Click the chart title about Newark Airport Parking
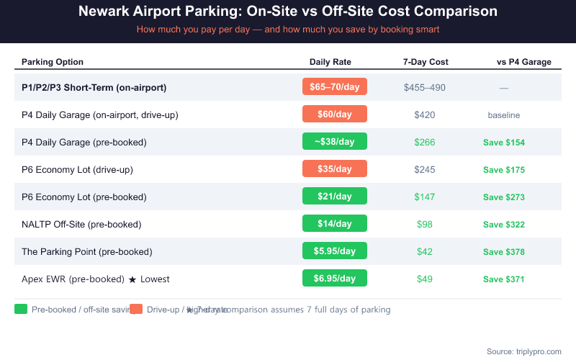click(x=287, y=12)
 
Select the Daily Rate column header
click(x=330, y=62)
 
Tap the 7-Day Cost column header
click(x=426, y=62)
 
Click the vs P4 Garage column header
click(x=524, y=62)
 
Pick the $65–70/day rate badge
click(x=335, y=87)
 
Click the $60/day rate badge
click(x=335, y=114)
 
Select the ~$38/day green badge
click(x=335, y=142)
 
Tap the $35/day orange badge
click(x=335, y=169)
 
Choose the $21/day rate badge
click(x=335, y=197)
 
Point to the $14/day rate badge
click(x=335, y=224)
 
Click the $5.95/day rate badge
click(x=335, y=251)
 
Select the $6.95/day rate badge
click(x=335, y=279)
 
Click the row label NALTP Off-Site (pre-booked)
click(x=81, y=225)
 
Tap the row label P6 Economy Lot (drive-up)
click(x=77, y=170)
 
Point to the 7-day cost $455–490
click(x=425, y=88)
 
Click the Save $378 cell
click(x=504, y=252)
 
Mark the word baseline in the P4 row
click(x=504, y=115)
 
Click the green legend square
click(x=21, y=310)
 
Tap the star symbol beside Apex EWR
click(x=132, y=279)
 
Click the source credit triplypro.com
click(x=523, y=351)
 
